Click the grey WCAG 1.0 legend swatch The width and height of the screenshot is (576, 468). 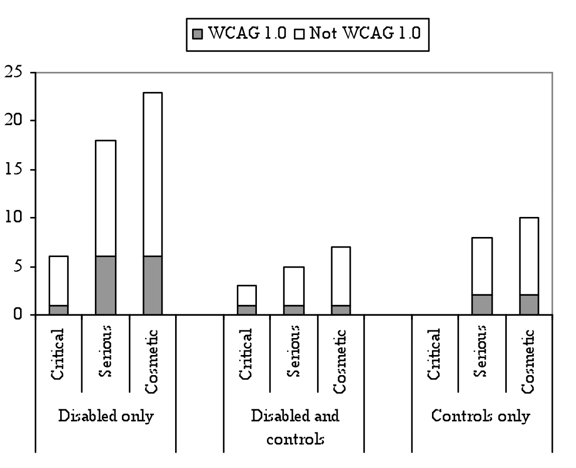click(198, 34)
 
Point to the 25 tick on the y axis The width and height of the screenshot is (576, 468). click(16, 72)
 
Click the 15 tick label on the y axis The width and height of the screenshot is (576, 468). click(16, 170)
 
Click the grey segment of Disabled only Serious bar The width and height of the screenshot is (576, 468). click(105, 285)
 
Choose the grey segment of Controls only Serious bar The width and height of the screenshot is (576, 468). click(482, 305)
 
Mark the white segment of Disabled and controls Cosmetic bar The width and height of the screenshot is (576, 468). click(341, 276)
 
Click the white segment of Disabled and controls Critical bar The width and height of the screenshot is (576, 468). click(246, 295)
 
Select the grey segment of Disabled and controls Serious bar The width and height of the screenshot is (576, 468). click(294, 310)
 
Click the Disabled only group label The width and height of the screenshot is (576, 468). click(105, 416)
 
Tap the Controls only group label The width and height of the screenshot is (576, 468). click(481, 416)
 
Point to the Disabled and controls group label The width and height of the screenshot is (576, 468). click(294, 427)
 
